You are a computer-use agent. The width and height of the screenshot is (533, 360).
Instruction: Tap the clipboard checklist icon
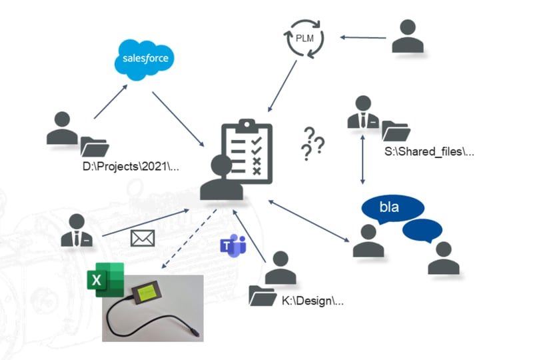click(245, 147)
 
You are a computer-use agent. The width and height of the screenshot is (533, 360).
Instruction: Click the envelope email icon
click(143, 238)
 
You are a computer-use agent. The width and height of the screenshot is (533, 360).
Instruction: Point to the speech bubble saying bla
click(388, 208)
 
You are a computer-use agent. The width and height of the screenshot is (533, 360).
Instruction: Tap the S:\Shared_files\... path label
click(428, 152)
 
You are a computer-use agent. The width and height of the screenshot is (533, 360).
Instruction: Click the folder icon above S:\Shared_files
click(396, 131)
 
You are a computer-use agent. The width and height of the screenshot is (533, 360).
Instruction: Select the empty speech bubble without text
click(422, 231)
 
